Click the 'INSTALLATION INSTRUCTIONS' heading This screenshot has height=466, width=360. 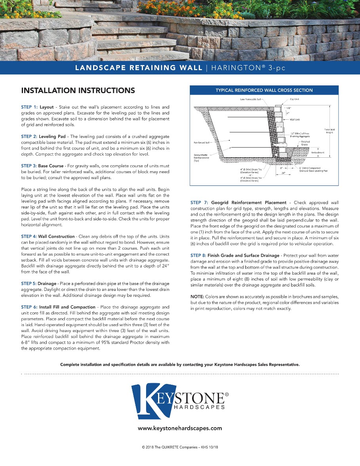pos(78,90)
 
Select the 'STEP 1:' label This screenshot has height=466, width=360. pos(29,107)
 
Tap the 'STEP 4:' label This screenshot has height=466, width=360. pos(29,236)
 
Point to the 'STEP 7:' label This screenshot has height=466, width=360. pos(199,203)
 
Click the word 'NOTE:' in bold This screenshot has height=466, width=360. pos(197,297)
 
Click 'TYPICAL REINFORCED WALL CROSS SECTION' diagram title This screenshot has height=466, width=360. pos(264,90)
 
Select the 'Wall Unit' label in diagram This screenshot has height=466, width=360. pos(295,119)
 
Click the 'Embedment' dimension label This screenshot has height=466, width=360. pos(318,153)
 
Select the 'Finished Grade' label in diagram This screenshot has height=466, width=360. pos(305,143)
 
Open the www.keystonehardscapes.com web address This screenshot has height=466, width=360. pos(180,428)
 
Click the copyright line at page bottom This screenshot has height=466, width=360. pos(180,447)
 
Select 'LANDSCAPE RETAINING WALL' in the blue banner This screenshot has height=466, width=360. pos(139,68)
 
